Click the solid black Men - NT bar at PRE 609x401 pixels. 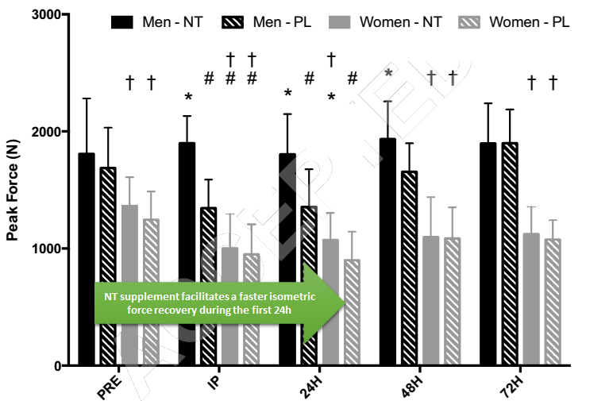[x=87, y=262]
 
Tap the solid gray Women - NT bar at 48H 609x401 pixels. [x=431, y=302]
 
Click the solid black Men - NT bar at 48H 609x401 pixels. [x=388, y=254]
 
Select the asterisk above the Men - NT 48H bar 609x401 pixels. [x=388, y=74]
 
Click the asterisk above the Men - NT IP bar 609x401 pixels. [x=188, y=98]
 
